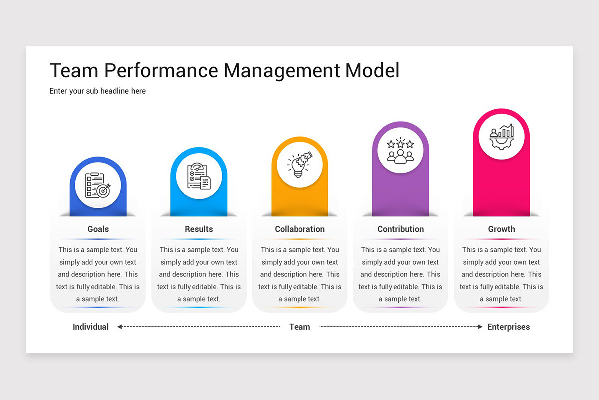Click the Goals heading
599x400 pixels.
98,229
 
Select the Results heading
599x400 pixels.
199,229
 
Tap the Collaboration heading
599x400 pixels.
299,229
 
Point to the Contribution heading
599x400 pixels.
400,229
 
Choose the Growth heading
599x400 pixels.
501,229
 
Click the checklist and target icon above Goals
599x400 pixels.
98,185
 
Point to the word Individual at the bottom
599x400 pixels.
91,327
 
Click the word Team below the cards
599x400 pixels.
299,327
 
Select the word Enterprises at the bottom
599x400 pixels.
508,327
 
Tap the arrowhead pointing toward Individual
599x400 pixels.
120,327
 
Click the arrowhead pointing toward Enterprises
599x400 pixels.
480,327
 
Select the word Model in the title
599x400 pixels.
372,70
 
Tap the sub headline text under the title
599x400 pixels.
98,91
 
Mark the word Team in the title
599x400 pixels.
74,70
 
